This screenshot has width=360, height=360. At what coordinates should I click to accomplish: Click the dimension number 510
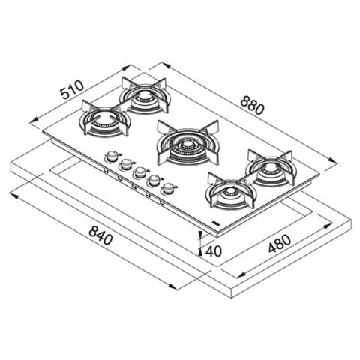tap(73, 89)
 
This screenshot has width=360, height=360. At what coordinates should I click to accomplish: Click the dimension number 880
tap(252, 106)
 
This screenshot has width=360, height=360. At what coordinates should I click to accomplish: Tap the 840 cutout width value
tap(100, 235)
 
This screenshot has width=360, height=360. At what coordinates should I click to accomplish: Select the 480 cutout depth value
tap(280, 244)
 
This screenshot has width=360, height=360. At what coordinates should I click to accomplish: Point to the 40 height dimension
tap(214, 250)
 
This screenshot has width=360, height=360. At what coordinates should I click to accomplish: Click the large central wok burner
tap(187, 145)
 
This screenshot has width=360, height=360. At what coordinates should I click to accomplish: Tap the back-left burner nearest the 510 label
tap(145, 95)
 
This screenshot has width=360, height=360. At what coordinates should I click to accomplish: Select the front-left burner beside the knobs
tap(105, 119)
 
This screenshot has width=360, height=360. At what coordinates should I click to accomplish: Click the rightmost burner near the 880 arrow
tap(270, 169)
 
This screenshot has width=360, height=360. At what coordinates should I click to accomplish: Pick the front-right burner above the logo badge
tap(231, 191)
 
